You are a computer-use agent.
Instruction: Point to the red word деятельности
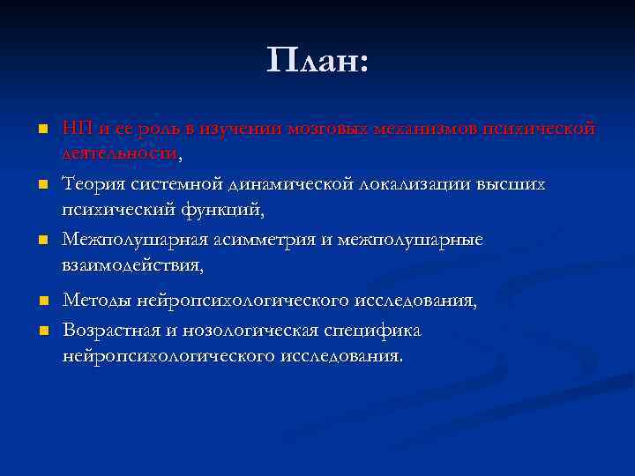click(119, 154)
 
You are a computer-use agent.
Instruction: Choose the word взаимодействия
click(131, 264)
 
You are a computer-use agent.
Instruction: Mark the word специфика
click(377, 331)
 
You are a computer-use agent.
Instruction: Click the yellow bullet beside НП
click(41, 130)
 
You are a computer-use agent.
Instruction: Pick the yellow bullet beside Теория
click(41, 185)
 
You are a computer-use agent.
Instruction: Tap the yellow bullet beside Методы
click(41, 302)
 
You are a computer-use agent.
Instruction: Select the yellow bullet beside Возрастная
click(41, 331)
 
